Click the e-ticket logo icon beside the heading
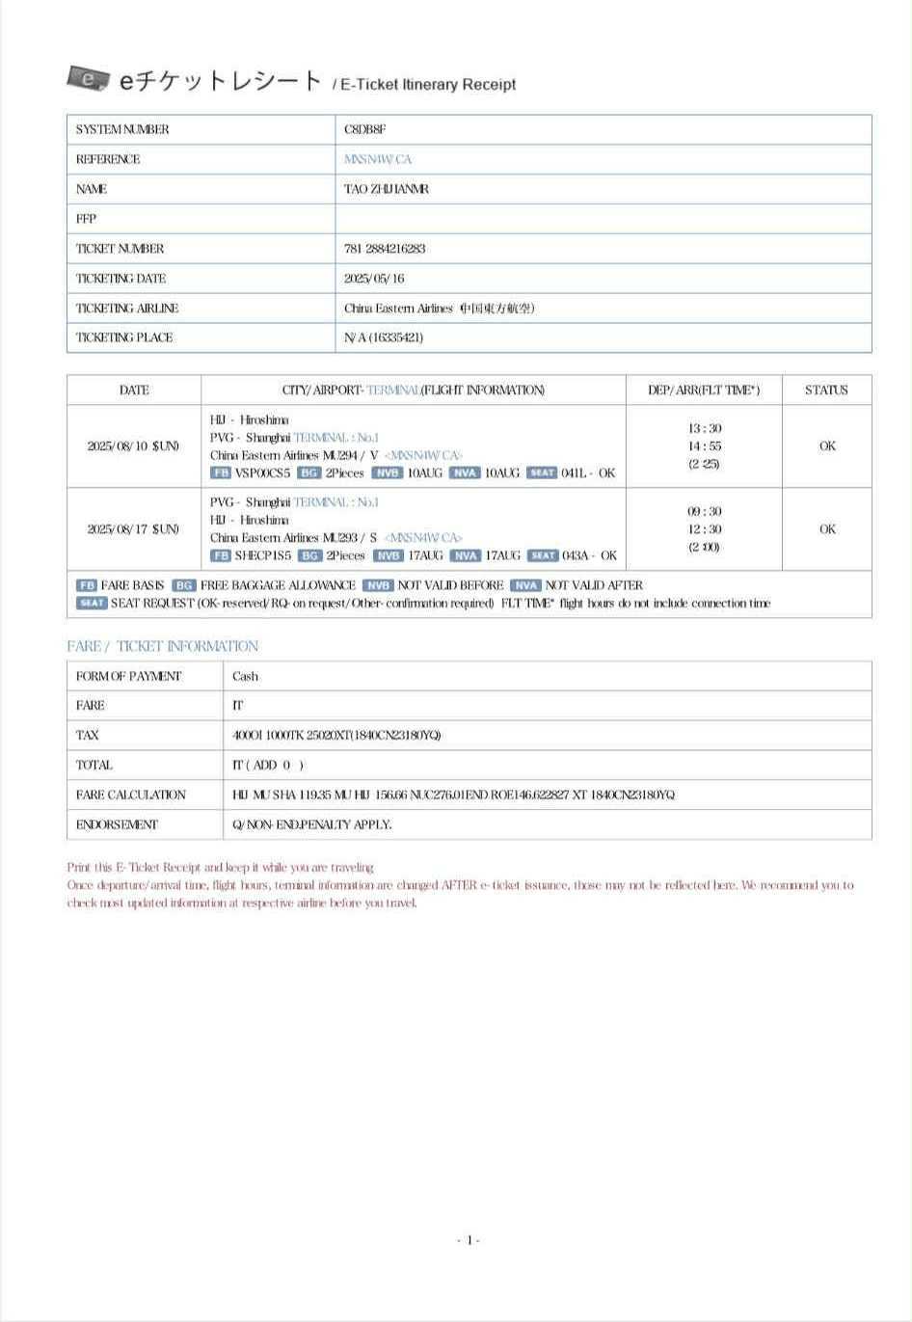tap(88, 78)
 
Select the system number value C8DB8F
tap(364, 129)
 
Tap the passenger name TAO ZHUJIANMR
tap(386, 189)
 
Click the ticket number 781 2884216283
tap(385, 249)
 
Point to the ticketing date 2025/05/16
tap(374, 279)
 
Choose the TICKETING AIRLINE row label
tap(127, 309)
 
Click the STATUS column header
tap(826, 391)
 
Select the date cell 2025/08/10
tap(133, 446)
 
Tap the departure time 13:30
tap(705, 428)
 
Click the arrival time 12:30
tap(705, 529)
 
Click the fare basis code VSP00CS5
tap(262, 472)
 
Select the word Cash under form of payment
tap(245, 677)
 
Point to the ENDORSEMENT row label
tap(117, 825)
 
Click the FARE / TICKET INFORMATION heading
tap(162, 646)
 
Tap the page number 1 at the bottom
tap(469, 1240)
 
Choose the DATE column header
tap(134, 391)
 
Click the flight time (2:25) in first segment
tap(705, 464)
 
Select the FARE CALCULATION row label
tap(130, 796)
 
